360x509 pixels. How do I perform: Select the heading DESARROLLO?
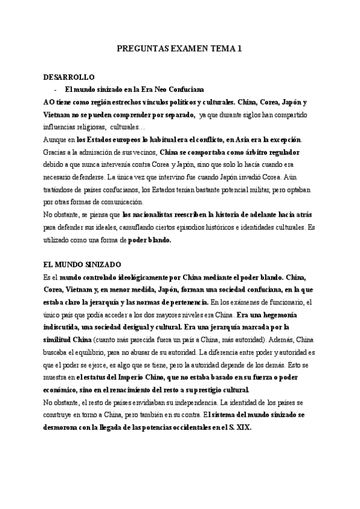click(68, 78)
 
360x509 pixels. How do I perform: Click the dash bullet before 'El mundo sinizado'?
click(55, 89)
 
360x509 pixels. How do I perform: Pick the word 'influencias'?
click(62, 127)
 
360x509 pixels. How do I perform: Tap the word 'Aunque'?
click(56, 139)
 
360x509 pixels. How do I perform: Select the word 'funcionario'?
click(286, 302)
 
